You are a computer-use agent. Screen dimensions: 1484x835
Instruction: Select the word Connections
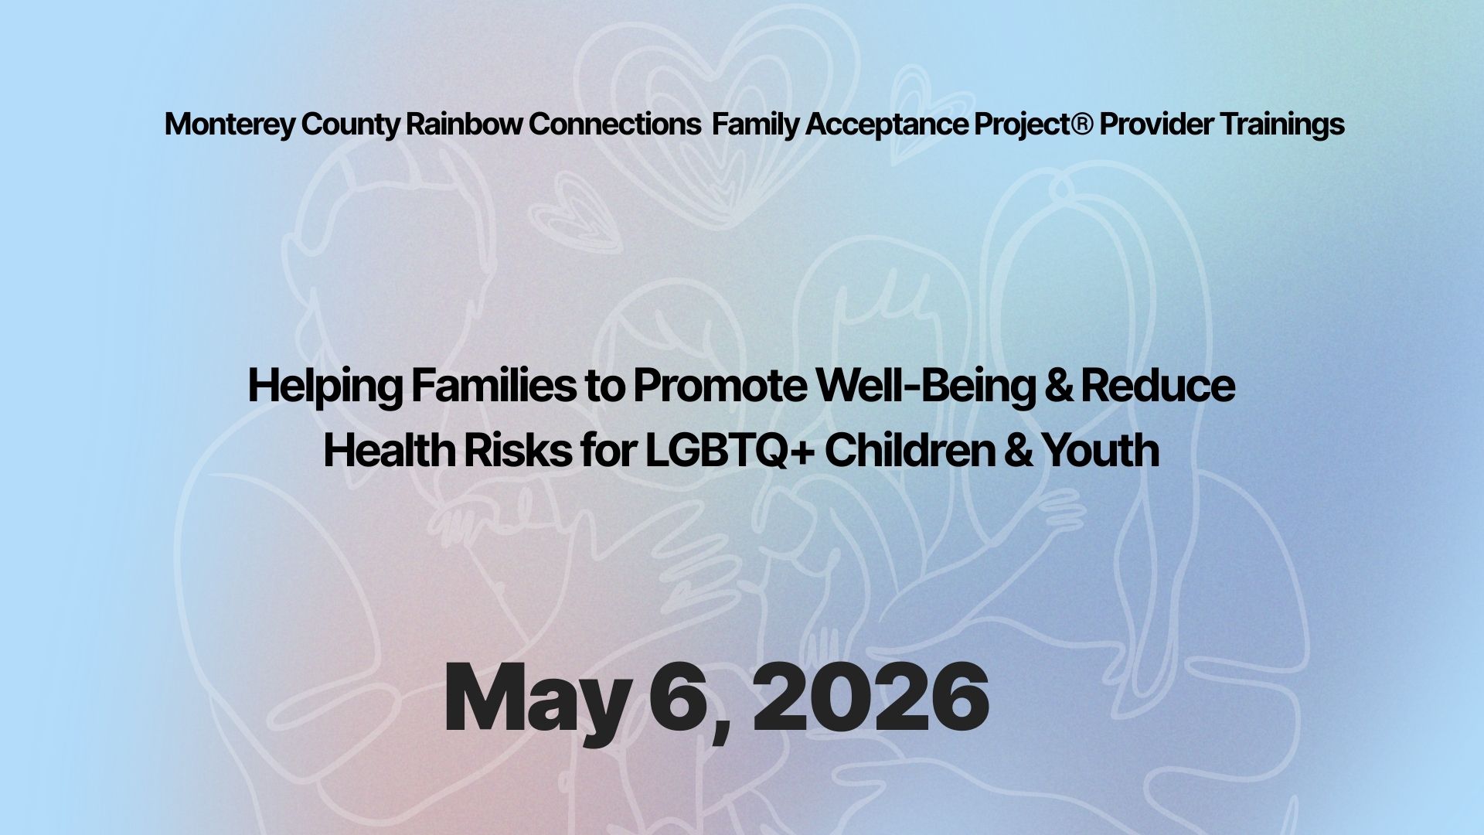point(614,124)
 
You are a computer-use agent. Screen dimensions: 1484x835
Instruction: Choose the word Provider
point(1156,124)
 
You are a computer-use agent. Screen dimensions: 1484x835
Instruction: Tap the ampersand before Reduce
point(1057,385)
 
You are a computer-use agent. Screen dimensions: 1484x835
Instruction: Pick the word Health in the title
point(390,451)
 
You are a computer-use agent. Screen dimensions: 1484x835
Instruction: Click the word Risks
point(516,451)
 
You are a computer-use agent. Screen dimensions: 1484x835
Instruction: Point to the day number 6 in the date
point(676,699)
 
